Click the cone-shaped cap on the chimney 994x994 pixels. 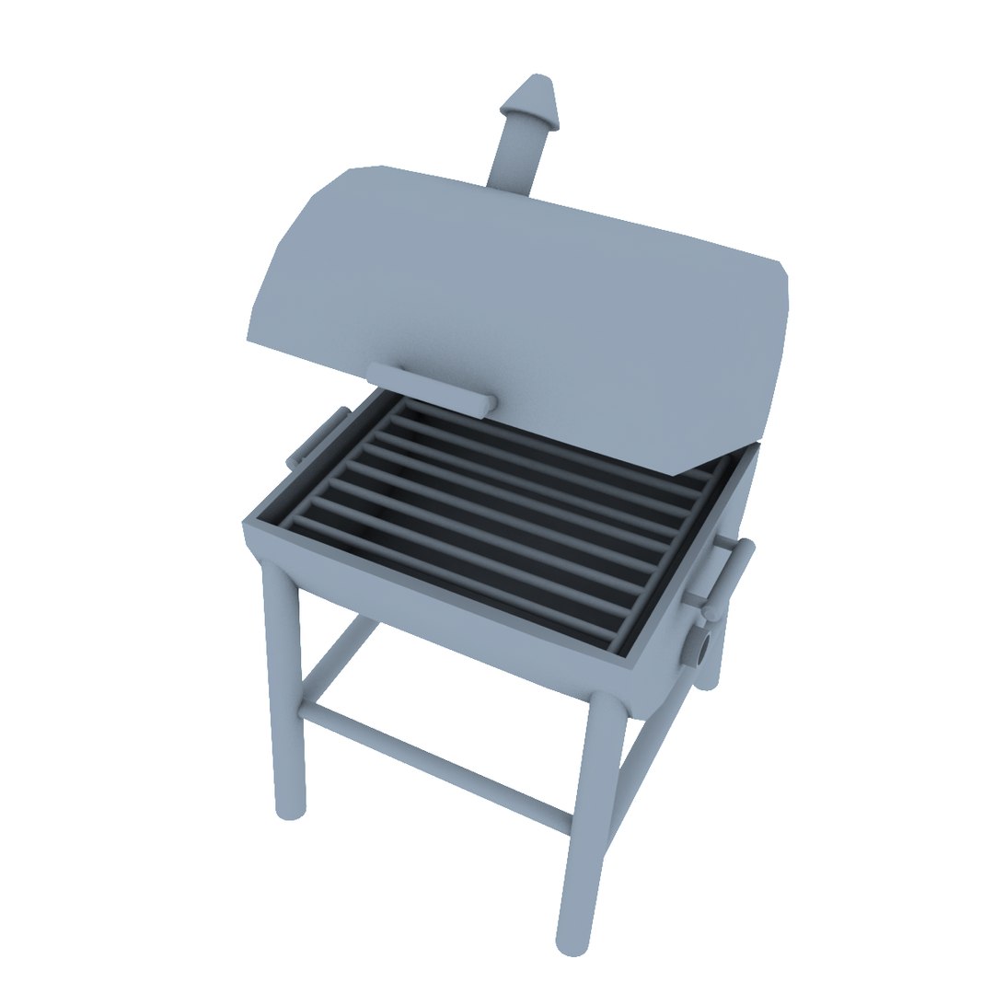click(x=533, y=99)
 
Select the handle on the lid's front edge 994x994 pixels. click(x=431, y=387)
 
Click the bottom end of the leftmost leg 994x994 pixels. click(x=290, y=810)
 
